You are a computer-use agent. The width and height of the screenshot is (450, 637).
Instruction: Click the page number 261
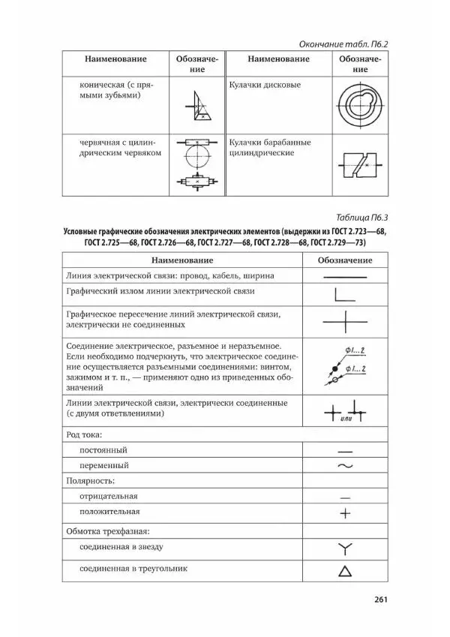coord(376,599)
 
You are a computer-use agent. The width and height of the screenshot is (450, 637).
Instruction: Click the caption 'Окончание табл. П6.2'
coord(342,44)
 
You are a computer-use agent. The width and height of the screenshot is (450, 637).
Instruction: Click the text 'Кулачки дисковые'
coord(265,85)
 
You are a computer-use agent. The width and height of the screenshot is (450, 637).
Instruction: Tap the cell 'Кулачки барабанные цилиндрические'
coord(270,147)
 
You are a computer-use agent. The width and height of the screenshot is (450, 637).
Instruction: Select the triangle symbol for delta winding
coord(345,571)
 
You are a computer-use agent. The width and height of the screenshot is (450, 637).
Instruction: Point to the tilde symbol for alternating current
coord(345,466)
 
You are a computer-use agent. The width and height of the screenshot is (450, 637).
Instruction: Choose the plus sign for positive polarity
coord(345,513)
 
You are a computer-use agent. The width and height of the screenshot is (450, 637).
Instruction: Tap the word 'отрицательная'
coord(109,496)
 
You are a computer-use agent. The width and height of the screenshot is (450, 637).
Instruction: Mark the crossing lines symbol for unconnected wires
coord(345,321)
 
